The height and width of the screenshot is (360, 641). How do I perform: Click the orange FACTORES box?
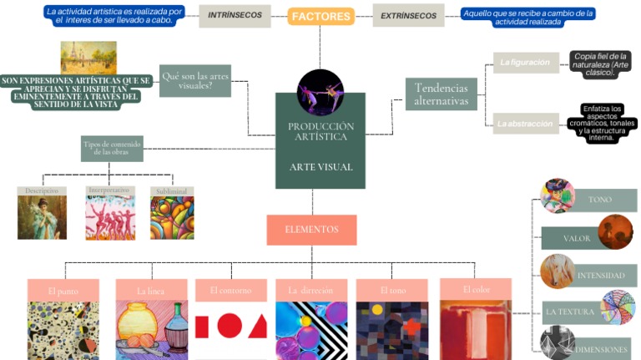click(320, 16)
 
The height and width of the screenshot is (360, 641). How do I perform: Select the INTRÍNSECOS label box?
click(235, 15)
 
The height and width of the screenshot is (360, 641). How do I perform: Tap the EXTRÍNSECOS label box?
click(408, 16)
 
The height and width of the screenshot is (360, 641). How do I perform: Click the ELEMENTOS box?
click(311, 229)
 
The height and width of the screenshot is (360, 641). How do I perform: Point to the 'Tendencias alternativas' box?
click(441, 94)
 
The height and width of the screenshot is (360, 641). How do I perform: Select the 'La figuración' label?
click(525, 62)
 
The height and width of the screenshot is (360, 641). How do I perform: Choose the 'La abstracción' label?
click(525, 123)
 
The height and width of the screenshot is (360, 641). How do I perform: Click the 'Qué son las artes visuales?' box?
click(194, 80)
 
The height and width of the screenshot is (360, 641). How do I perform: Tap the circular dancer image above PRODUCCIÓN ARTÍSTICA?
click(320, 91)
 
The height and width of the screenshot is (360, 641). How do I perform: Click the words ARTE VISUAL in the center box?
click(320, 167)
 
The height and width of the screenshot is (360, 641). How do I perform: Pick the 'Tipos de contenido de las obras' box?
click(112, 149)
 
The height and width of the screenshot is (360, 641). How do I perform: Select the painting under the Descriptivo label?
click(42, 217)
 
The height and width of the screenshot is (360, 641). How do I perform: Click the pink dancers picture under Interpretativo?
click(109, 217)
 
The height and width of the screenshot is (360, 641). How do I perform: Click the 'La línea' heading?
click(150, 291)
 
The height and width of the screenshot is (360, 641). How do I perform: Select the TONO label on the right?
click(599, 200)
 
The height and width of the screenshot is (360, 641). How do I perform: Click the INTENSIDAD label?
click(600, 275)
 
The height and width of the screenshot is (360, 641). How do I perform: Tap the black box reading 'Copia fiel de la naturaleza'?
click(600, 65)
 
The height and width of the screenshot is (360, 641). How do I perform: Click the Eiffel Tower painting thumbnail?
click(88, 57)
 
